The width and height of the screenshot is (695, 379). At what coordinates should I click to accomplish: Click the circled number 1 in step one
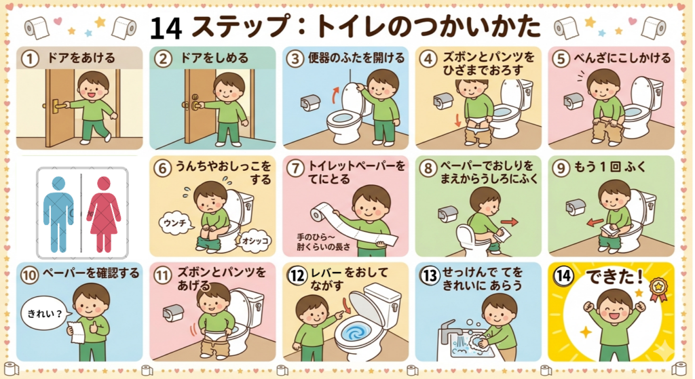30,58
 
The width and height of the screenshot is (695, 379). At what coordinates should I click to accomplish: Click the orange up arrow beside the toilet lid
336,95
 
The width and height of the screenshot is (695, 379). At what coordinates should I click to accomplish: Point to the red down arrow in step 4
458,119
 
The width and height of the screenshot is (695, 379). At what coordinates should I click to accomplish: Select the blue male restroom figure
58,214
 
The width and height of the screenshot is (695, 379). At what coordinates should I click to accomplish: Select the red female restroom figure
103,214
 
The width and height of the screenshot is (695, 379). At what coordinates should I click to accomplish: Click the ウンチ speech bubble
176,223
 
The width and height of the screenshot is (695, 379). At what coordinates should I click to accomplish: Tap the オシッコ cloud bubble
255,241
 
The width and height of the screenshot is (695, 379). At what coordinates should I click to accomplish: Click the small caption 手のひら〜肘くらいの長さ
324,242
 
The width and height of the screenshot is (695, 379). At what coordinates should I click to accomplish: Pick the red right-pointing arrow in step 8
509,222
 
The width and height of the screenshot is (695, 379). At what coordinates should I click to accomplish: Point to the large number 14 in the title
166,28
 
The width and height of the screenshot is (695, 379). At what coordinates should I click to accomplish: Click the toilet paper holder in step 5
574,101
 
